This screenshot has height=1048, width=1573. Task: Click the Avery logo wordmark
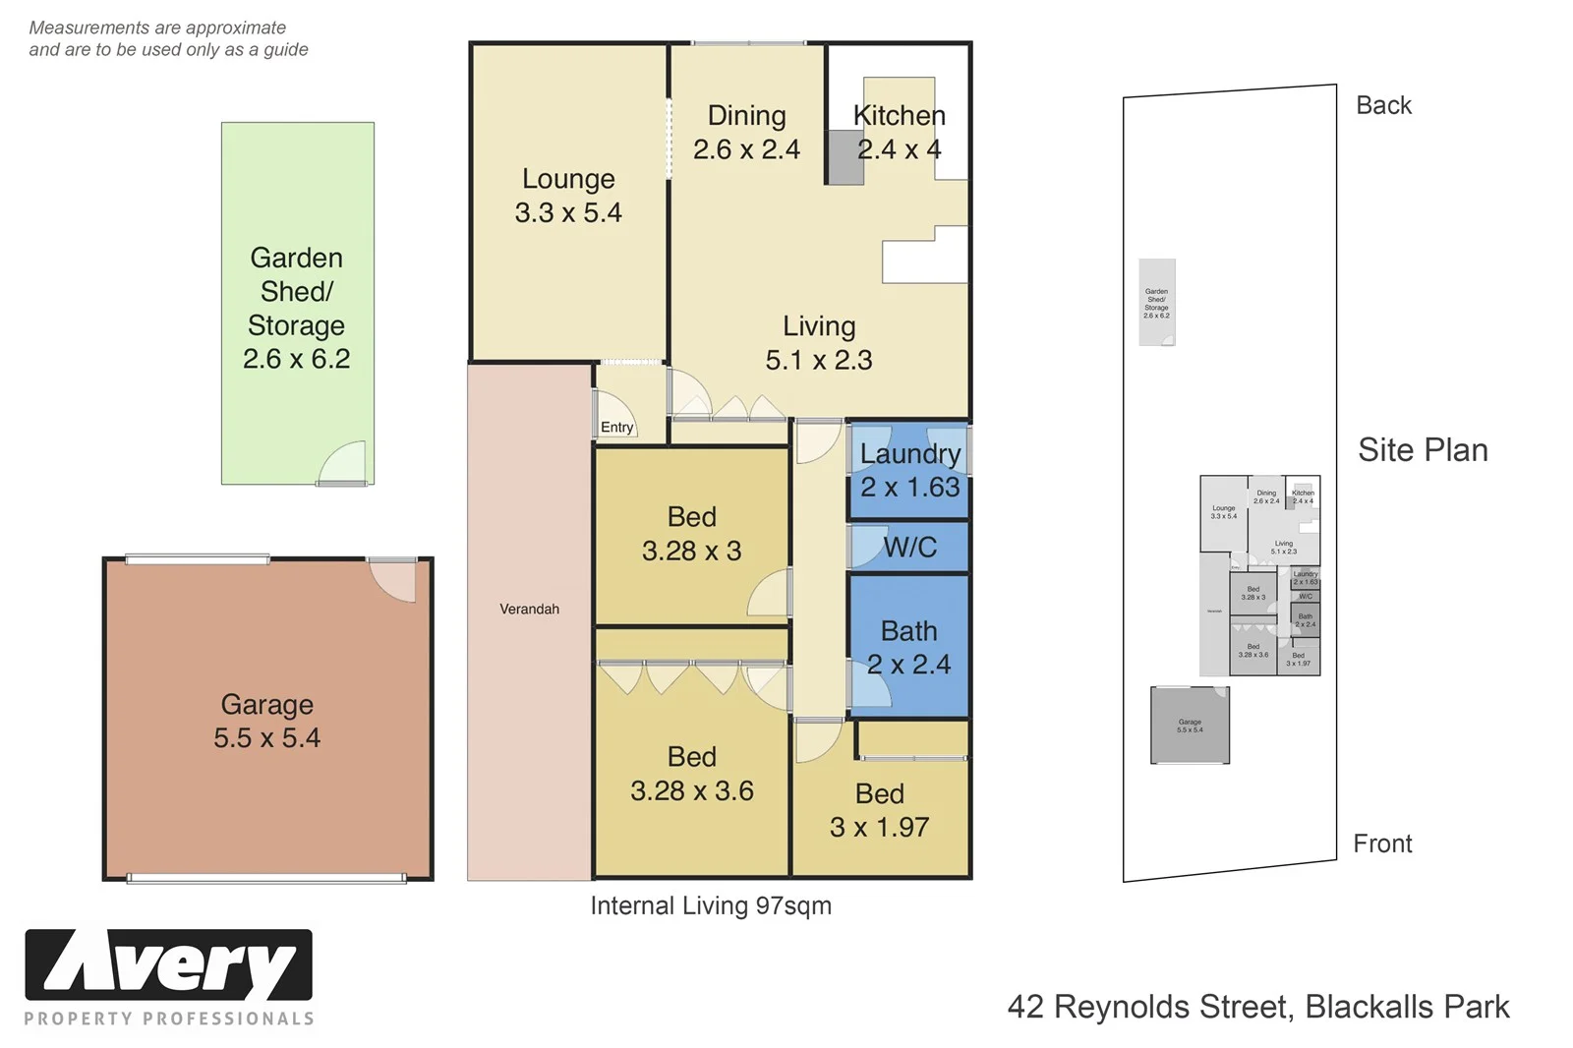pyautogui.click(x=168, y=966)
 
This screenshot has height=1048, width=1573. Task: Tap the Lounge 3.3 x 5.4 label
pyautogui.click(x=568, y=196)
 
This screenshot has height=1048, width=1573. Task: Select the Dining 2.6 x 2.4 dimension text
pyautogui.click(x=746, y=149)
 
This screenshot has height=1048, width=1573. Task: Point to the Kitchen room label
pyautogui.click(x=899, y=116)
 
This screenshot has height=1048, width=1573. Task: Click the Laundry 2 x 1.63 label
pyautogui.click(x=909, y=470)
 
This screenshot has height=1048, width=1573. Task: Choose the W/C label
pyautogui.click(x=909, y=548)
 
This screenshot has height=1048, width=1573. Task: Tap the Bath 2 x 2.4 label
pyautogui.click(x=908, y=647)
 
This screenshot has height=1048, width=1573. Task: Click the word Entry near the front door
pyautogui.click(x=616, y=427)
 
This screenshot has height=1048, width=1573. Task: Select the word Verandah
pyautogui.click(x=529, y=610)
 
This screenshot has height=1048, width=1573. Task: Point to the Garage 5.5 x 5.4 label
pyautogui.click(x=267, y=721)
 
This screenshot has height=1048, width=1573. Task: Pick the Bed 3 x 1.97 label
pyautogui.click(x=879, y=810)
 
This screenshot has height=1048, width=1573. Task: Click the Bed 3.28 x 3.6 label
pyautogui.click(x=691, y=774)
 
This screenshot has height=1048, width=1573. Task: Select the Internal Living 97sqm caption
pyautogui.click(x=711, y=905)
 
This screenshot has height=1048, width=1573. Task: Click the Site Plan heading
pyautogui.click(x=1423, y=450)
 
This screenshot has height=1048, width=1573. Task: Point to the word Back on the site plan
pyautogui.click(x=1383, y=105)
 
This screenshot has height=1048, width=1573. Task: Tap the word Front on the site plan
pyautogui.click(x=1382, y=844)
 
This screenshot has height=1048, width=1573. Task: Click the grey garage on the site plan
pyautogui.click(x=1190, y=726)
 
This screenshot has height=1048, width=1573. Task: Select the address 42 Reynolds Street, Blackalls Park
pyautogui.click(x=1258, y=1007)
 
